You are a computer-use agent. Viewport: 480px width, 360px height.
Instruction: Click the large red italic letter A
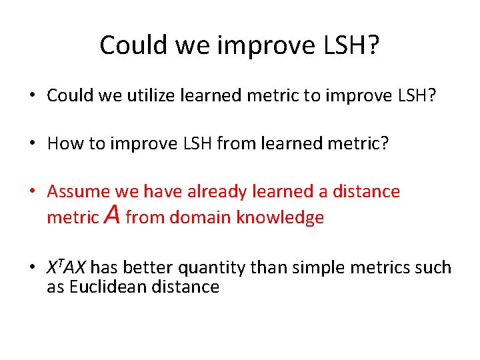(x=112, y=215)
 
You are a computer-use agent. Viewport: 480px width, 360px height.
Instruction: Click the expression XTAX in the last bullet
(x=66, y=268)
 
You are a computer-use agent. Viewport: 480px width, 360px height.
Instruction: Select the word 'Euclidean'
(x=109, y=287)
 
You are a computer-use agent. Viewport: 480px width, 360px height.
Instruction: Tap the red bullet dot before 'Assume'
(x=32, y=192)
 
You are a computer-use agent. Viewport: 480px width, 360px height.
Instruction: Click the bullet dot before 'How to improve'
(x=32, y=143)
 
